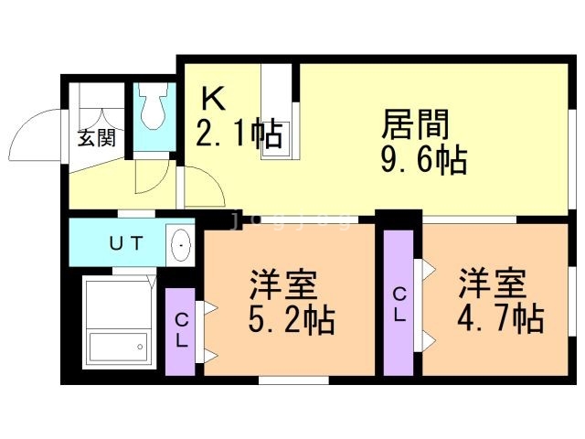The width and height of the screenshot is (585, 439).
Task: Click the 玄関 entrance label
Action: (96, 139)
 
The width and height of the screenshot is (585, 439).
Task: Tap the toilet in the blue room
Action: (151, 109)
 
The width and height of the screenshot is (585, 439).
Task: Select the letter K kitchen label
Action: (212, 99)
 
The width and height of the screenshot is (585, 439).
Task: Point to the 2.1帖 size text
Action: (238, 135)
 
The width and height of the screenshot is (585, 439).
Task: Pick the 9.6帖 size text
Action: (423, 161)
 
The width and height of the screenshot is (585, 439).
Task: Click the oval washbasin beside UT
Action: (181, 245)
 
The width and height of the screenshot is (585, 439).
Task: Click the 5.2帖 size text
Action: (291, 321)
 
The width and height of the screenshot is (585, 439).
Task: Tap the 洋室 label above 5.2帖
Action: (283, 285)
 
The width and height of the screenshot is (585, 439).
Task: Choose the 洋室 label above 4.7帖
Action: (493, 284)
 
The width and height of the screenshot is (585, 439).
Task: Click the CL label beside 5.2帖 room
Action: (181, 331)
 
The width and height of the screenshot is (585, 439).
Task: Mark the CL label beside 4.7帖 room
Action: (399, 304)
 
